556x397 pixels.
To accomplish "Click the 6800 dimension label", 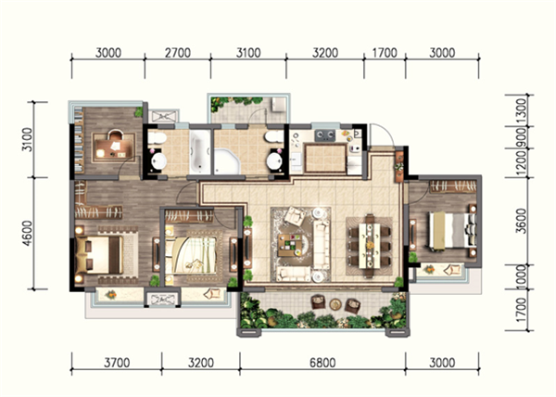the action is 322,363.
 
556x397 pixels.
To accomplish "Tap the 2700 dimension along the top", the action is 178,53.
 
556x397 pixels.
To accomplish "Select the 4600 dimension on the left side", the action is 27,233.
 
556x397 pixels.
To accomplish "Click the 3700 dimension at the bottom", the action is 117,363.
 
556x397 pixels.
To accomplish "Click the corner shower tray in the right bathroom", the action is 227,161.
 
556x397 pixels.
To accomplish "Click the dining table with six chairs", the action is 370,246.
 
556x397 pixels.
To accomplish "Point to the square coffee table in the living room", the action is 289,245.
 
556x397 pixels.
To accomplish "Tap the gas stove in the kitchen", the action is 325,134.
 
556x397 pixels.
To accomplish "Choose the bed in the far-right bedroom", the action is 452,230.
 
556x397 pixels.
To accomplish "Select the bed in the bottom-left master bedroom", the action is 99,255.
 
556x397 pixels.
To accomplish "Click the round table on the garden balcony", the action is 335,304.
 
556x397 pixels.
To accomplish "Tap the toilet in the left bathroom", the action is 157,138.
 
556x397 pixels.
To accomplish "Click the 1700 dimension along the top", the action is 385,53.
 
